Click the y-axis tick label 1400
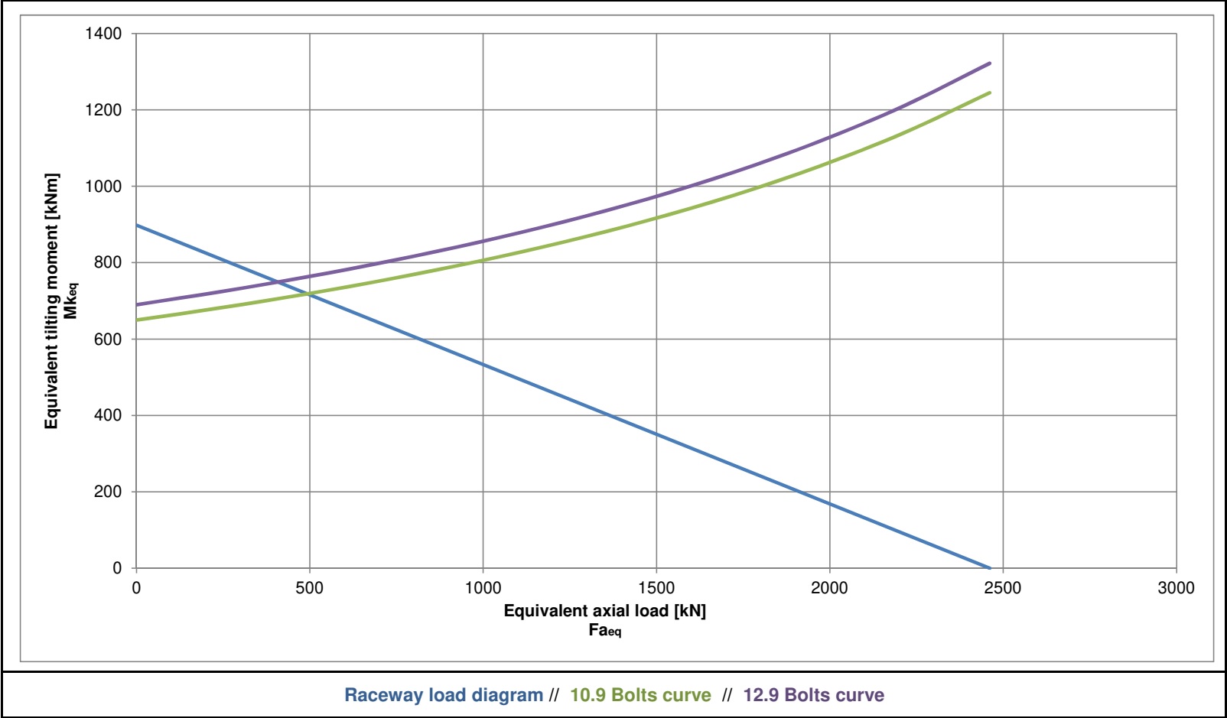(x=103, y=34)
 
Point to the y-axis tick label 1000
(x=103, y=187)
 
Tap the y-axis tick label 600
(x=108, y=340)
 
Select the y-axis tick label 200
(x=108, y=492)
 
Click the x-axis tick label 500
(x=309, y=588)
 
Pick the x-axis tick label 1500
(x=656, y=588)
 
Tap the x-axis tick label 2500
(x=1002, y=588)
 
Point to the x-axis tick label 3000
(x=1176, y=588)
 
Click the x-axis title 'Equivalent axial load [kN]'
(x=604, y=610)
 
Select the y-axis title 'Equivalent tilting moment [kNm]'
(x=51, y=301)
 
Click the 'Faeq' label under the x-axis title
(x=604, y=630)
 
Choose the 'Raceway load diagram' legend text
(x=444, y=695)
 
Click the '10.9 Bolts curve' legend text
(x=640, y=695)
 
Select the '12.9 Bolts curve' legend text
(x=813, y=695)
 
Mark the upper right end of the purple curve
(x=990, y=63)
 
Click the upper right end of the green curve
(x=990, y=93)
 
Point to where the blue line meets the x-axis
(x=990, y=568)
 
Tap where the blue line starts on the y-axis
(x=137, y=225)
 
